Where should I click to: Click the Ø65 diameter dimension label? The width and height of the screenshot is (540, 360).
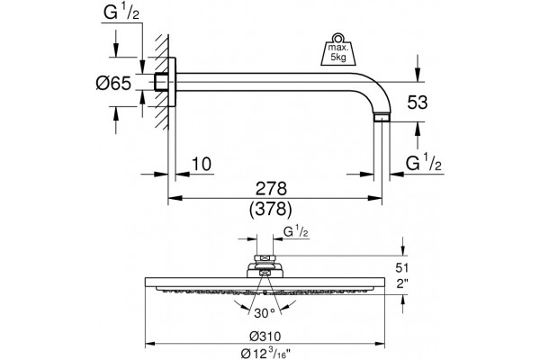pyautogui.click(x=113, y=84)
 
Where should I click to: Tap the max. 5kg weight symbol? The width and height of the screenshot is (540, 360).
pyautogui.click(x=338, y=52)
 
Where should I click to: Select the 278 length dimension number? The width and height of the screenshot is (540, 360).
pyautogui.click(x=271, y=189)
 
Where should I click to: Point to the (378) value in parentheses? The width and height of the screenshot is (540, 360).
pyautogui.click(x=271, y=209)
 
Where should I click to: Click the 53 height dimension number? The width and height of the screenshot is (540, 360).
pyautogui.click(x=418, y=103)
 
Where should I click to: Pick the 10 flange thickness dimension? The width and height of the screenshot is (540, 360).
pyautogui.click(x=202, y=164)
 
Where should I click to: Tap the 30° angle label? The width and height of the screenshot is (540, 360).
pyautogui.click(x=265, y=313)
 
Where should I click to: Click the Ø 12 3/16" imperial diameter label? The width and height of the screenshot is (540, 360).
pyautogui.click(x=265, y=353)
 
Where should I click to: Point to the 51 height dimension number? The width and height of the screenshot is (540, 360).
pyautogui.click(x=401, y=267)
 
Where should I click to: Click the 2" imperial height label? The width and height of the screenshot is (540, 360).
pyautogui.click(x=401, y=283)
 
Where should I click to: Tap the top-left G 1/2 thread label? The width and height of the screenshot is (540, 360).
pyautogui.click(x=121, y=13)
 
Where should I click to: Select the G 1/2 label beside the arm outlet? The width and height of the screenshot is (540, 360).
pyautogui.click(x=423, y=163)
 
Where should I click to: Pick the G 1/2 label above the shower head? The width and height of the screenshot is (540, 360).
pyautogui.click(x=296, y=232)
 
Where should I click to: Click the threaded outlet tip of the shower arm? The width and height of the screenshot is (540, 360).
pyautogui.click(x=382, y=118)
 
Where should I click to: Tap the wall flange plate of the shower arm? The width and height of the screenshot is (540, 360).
pyautogui.click(x=172, y=82)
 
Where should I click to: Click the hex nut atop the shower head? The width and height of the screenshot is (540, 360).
pyautogui.click(x=265, y=258)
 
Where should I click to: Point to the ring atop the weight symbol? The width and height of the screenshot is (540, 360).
pyautogui.click(x=337, y=37)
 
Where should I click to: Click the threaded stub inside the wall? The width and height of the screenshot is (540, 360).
pyautogui.click(x=161, y=82)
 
